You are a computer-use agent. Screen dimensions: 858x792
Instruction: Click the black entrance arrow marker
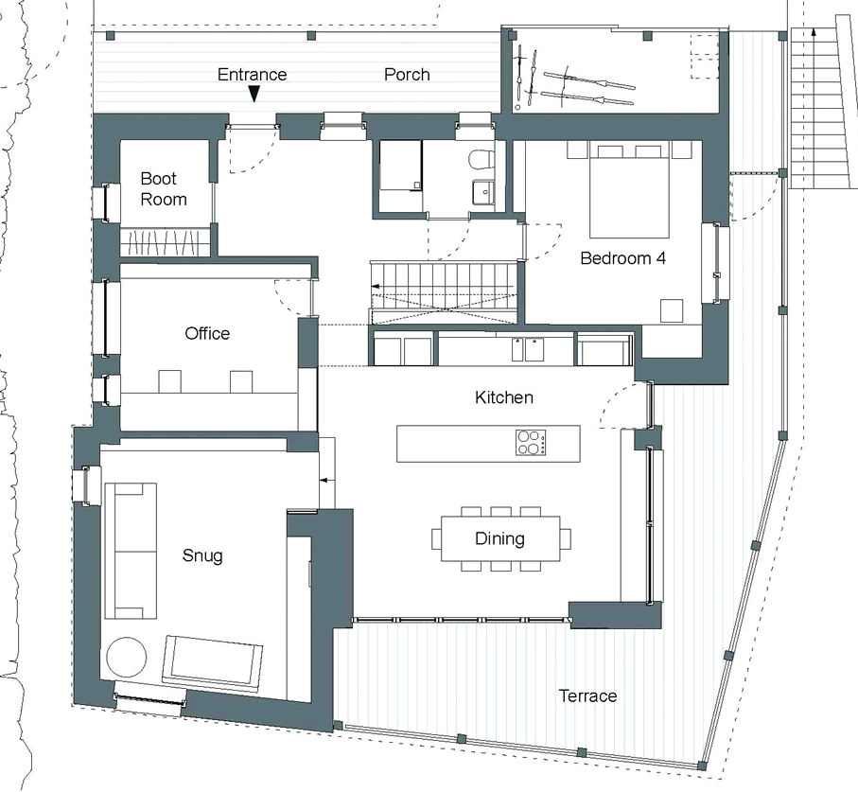(254, 94)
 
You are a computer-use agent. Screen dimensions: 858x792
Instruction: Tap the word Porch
(407, 75)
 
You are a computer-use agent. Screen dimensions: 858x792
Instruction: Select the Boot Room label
(163, 189)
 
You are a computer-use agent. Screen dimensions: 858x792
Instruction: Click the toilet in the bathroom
(481, 159)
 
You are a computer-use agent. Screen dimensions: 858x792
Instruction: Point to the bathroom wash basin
(483, 193)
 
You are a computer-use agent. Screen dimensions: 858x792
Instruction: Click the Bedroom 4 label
(622, 258)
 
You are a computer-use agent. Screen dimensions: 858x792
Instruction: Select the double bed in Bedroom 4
(629, 189)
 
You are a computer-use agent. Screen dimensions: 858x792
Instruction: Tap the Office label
(207, 333)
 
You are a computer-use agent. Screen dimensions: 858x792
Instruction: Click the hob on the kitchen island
(531, 442)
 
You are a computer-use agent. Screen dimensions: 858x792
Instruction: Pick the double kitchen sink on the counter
(528, 349)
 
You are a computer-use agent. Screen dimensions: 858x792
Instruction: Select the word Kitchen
(504, 397)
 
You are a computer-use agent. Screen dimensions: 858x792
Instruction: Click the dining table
(500, 538)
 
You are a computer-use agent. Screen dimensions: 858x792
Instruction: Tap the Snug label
(201, 556)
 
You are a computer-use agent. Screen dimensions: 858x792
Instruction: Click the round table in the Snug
(127, 657)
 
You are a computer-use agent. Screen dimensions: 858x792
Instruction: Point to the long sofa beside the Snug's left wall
(131, 551)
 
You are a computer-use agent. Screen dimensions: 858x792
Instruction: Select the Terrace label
(587, 695)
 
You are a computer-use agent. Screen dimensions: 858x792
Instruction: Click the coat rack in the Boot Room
(165, 242)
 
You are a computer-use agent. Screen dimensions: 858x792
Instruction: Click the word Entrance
(252, 75)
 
